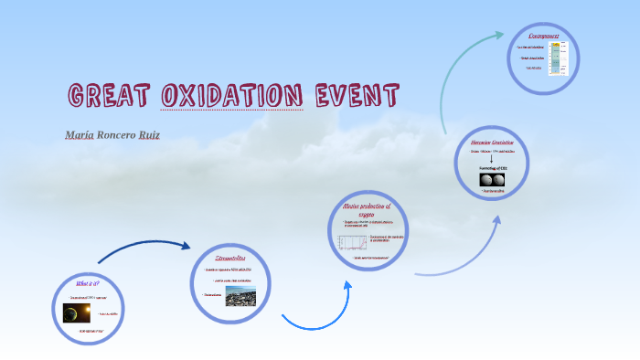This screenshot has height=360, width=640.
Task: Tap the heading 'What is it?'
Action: (x=88, y=283)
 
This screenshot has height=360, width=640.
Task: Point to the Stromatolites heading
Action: (x=231, y=259)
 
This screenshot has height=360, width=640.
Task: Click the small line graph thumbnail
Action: (x=351, y=242)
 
